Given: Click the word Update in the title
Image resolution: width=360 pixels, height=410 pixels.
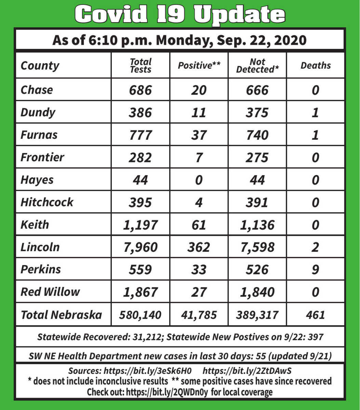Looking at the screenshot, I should (239, 14).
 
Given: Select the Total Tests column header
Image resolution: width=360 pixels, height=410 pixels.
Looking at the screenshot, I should (141, 66).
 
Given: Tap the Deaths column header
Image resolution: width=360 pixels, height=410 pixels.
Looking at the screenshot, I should (316, 66).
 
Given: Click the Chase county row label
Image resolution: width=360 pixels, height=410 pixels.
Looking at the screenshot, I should (37, 90).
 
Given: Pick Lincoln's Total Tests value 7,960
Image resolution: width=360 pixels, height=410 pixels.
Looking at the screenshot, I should (141, 247).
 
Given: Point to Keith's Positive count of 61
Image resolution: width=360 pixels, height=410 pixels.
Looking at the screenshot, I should (199, 225).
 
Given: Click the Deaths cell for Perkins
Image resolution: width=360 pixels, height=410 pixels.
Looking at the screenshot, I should (316, 270).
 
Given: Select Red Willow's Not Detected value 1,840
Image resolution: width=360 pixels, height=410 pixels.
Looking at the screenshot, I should (257, 292).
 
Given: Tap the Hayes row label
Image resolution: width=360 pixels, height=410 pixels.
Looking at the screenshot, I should (37, 180).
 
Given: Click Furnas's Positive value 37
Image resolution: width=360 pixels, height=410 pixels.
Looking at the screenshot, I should (199, 135).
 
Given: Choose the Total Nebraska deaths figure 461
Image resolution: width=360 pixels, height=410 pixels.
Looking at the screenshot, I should (316, 315).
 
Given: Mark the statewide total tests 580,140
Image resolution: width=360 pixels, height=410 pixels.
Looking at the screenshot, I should (141, 315).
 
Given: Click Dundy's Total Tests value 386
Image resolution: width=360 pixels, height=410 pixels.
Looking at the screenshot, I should (141, 112).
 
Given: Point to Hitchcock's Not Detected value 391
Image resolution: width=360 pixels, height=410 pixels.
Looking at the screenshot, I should (257, 202).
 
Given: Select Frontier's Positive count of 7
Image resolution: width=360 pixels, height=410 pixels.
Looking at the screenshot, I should (199, 158).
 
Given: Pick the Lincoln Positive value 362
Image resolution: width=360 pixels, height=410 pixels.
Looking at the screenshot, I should (199, 247).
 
